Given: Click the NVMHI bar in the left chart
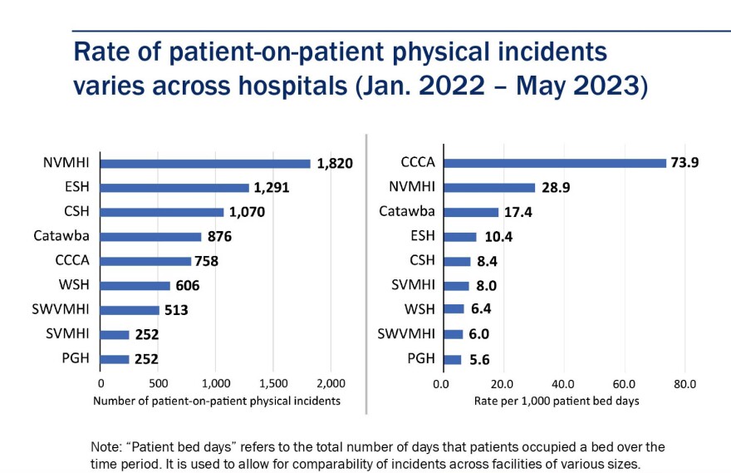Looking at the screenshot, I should pos(205,164).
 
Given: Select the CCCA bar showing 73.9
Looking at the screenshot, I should pos(553,163).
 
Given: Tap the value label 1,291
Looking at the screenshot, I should pos(271,188).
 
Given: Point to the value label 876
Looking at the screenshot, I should pos(220,237).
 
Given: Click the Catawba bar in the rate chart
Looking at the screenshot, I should pos(469,212).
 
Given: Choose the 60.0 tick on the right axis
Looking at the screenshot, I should pos(624,385).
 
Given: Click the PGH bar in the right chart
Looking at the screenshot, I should pos(451,359).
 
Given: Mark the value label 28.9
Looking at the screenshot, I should pos(558,188).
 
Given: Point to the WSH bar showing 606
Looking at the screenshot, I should pos(135,286).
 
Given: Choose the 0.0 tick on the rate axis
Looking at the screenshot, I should pos(441,385).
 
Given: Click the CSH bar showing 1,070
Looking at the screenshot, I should pos(162,212).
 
